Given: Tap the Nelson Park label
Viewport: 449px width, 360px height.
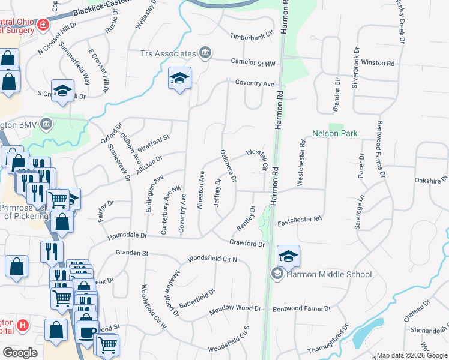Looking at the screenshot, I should [x=335, y=133].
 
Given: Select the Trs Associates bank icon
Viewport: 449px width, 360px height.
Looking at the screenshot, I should [x=205, y=53].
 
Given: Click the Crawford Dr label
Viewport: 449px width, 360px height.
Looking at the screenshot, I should [x=247, y=243].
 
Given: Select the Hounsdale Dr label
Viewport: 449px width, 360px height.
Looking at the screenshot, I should [x=127, y=236].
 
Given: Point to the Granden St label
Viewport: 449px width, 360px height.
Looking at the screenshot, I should [x=132, y=253].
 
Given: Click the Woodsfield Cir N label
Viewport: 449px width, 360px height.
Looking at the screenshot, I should [x=212, y=259].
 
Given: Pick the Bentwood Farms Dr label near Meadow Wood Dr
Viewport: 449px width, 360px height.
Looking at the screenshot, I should [x=301, y=308].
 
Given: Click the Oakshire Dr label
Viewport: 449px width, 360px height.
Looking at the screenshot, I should [x=431, y=179].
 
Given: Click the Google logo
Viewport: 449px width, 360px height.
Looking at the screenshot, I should [x=20, y=353].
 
